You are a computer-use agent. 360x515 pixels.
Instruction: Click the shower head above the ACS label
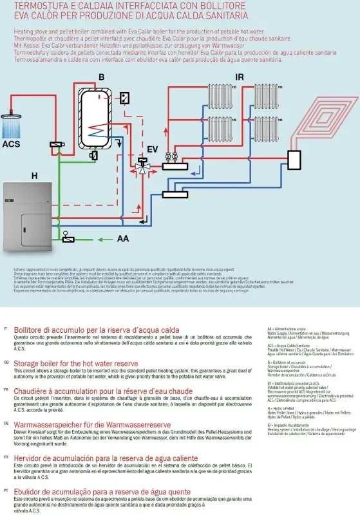tap(12, 118)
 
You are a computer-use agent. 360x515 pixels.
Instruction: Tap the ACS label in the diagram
tap(11, 144)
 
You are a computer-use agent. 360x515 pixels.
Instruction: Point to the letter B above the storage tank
tap(102, 78)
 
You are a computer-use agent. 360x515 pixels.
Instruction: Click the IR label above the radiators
tap(240, 78)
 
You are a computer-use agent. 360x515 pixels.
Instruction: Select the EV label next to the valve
tap(152, 149)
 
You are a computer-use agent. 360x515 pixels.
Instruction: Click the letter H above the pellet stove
tap(34, 175)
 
